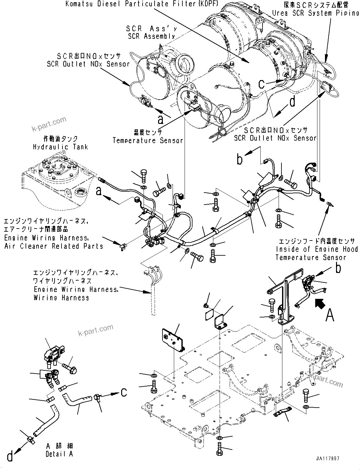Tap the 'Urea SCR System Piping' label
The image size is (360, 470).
pos(316,13)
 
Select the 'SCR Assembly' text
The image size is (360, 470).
pos(151,36)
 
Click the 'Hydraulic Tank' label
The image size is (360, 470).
pos(60,147)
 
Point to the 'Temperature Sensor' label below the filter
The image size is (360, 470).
pos(148,140)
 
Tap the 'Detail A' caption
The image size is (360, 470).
pos(59,454)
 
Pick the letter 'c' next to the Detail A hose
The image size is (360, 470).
pos(124,392)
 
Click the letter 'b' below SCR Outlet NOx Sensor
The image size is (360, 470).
pos(240,160)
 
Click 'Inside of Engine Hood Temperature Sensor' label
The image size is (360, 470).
pos(316,249)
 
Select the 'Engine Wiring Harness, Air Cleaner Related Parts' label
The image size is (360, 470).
pos(54,242)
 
